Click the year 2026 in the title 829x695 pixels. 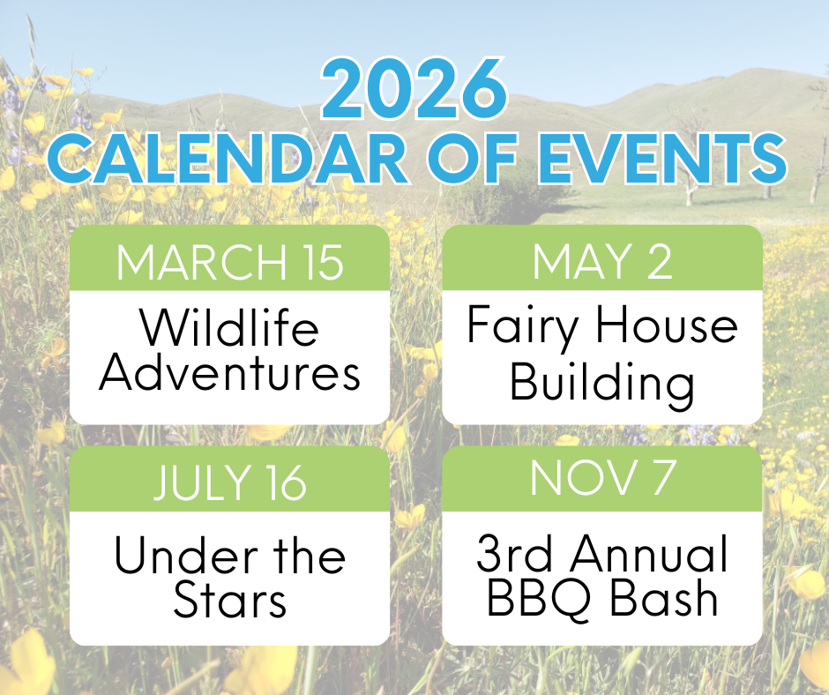coord(414,90)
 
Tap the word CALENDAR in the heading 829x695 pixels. coord(228,158)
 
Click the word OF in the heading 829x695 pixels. coord(472,158)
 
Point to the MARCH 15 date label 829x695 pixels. coord(230,262)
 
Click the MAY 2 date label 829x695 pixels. coord(602,261)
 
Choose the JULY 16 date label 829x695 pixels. coord(230,482)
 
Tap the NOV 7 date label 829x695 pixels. coord(602,478)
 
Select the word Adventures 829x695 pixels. coord(230,372)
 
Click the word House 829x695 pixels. coord(667,324)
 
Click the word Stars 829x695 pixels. coord(230,600)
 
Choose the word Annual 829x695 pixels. coord(649,553)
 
